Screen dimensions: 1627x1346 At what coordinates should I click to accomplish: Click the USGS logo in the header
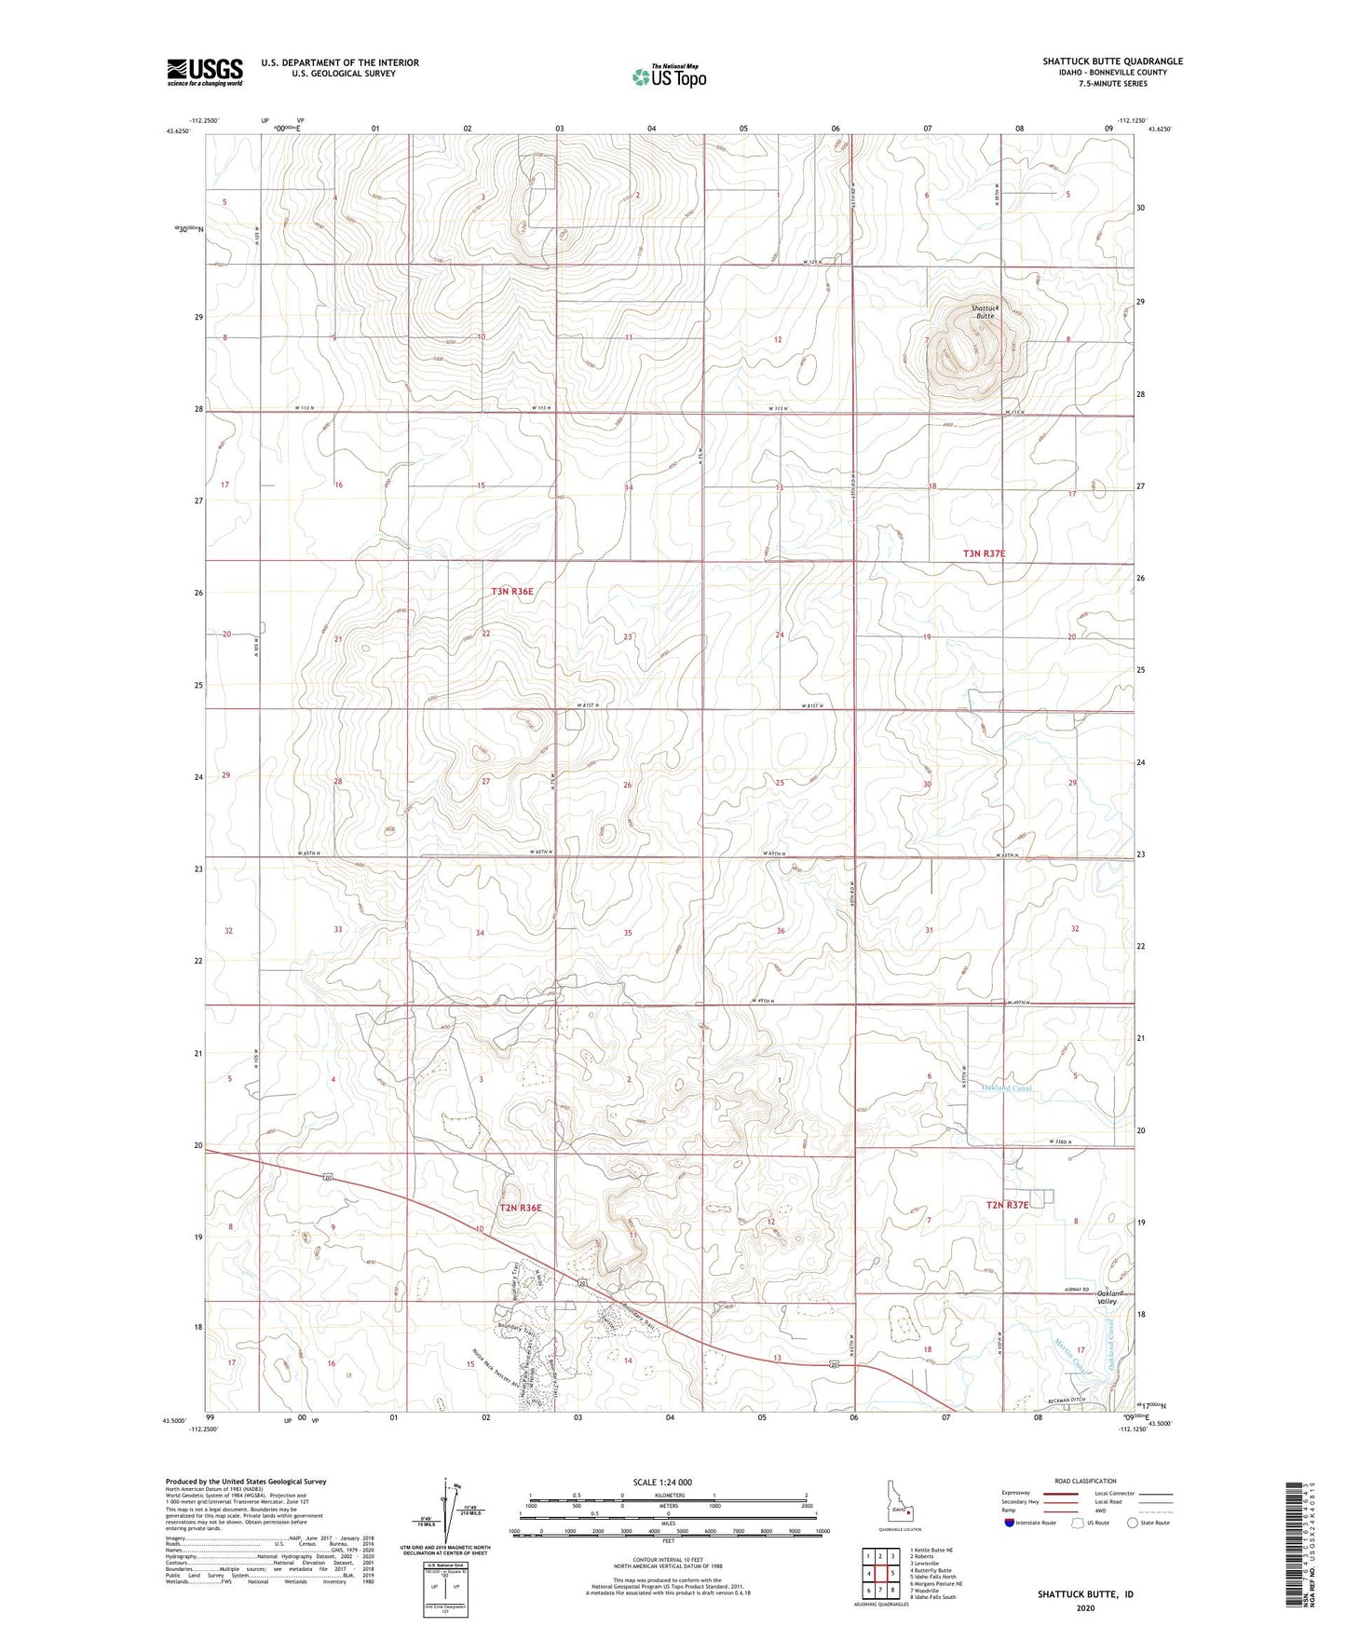(205, 72)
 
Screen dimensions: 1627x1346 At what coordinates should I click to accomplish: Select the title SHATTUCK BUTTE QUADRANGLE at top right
(1112, 62)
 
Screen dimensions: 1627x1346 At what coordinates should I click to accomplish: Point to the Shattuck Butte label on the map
(985, 311)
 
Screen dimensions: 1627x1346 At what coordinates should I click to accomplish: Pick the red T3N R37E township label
(984, 554)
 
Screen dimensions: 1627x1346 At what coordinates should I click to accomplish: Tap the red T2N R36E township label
(520, 1208)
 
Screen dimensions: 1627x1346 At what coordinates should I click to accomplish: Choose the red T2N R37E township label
(1008, 1205)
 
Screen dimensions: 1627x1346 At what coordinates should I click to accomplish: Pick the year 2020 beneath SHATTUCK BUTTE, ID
(1085, 1606)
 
